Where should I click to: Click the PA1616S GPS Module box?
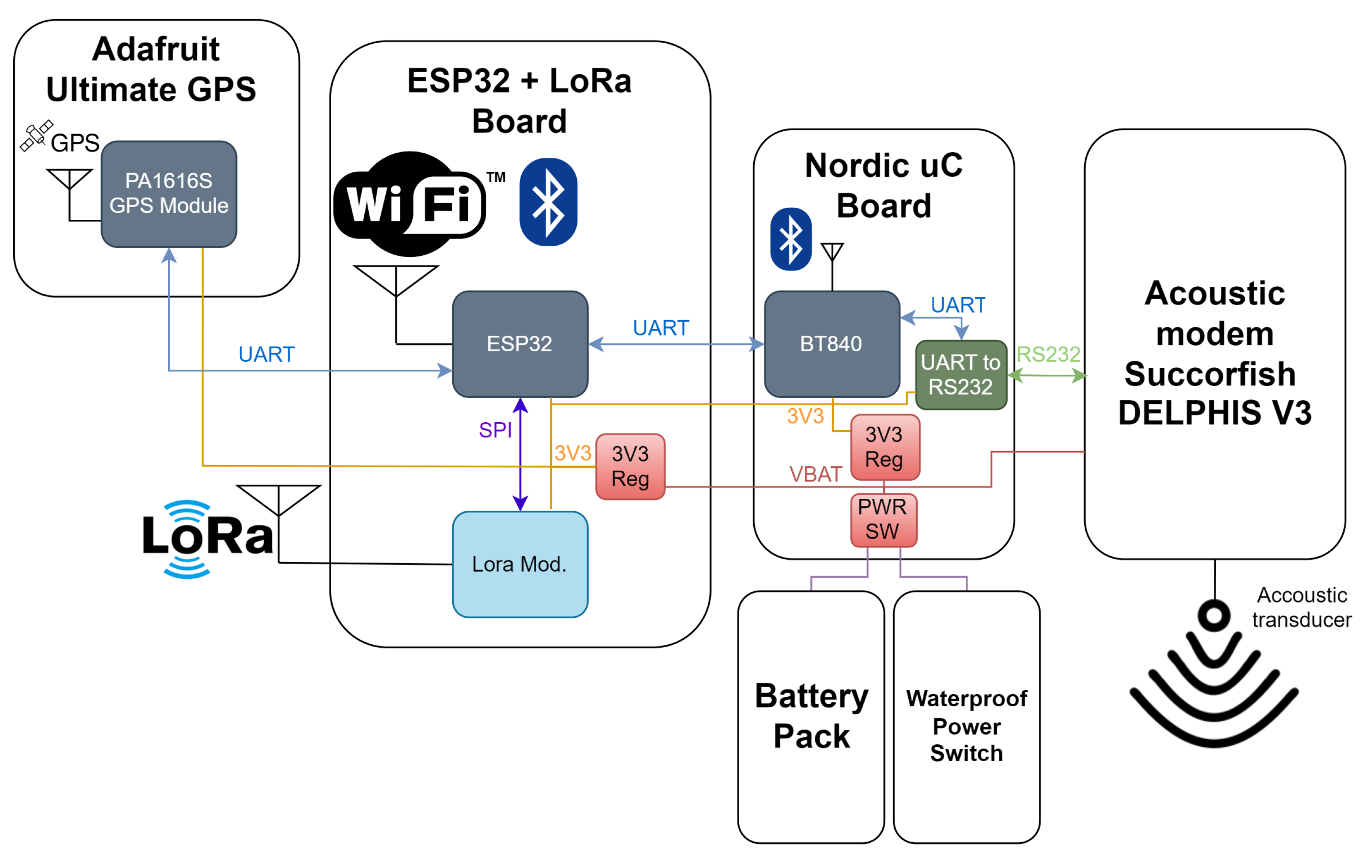click(169, 194)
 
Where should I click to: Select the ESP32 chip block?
click(520, 344)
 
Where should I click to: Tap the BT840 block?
click(832, 344)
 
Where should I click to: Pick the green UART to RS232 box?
click(961, 375)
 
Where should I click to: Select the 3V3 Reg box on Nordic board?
click(885, 447)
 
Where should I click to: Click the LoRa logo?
click(207, 539)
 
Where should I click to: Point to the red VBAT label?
click(815, 474)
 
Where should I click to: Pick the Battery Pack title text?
click(811, 716)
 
